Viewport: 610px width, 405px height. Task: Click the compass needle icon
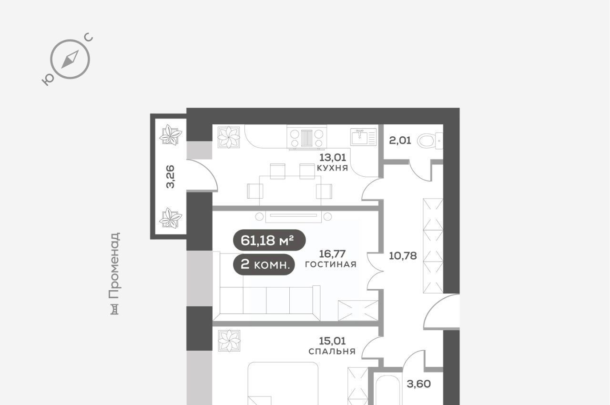tap(70, 59)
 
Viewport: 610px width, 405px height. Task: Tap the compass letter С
tap(89, 37)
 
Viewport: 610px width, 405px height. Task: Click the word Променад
tap(114, 265)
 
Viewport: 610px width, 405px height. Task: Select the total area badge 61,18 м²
tap(269, 240)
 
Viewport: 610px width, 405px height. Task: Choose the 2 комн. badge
tap(264, 264)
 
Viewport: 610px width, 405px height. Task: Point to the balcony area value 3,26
tap(171, 177)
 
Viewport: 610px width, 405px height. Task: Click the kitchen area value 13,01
tap(333, 157)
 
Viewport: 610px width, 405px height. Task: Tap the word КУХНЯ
tap(333, 168)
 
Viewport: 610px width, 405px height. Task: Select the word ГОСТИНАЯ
tap(331, 264)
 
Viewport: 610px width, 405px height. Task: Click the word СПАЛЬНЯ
tap(332, 351)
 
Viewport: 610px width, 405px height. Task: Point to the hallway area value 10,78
tap(403, 256)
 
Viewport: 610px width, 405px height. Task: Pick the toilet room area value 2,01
tap(400, 141)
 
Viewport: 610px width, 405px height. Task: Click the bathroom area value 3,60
tap(419, 384)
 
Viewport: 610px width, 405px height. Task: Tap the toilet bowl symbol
tap(430, 141)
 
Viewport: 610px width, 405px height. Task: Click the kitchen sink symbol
tap(364, 137)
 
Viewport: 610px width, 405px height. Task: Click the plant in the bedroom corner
tap(229, 341)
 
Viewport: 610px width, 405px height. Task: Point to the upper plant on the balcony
tap(171, 135)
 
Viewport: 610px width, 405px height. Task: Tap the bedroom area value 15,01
tap(332, 341)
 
